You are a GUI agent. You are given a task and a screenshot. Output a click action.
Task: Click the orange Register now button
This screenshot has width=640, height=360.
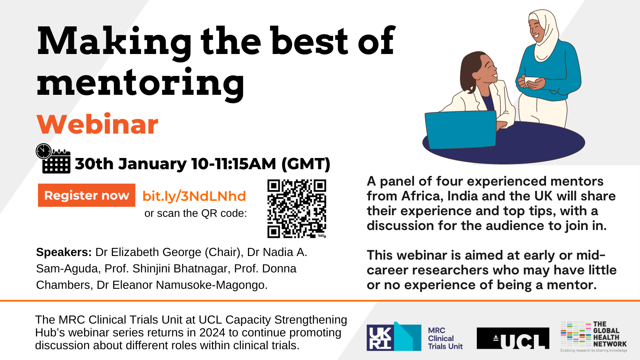[x=86, y=195]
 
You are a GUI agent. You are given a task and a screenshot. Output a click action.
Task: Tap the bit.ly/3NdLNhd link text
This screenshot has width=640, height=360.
[x=194, y=196]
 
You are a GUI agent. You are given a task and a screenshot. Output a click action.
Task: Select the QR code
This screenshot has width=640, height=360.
[x=297, y=208]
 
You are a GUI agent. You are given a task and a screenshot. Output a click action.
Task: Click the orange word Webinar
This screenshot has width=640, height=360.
[x=98, y=124]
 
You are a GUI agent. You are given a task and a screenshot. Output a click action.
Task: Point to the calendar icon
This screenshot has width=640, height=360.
[x=56, y=162]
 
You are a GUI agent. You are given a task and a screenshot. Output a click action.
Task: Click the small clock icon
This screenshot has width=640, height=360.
[x=44, y=151]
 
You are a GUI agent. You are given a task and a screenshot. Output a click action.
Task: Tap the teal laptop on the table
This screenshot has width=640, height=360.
[x=460, y=130]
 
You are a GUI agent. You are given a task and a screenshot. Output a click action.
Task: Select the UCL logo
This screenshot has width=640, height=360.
[x=513, y=338]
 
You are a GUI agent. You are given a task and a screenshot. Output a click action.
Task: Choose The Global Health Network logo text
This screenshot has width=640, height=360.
[x=610, y=334]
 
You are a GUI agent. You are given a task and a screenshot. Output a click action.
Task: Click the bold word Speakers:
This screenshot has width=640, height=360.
[x=64, y=252]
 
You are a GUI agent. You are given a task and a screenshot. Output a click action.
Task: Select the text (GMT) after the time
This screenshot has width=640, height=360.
[x=306, y=164]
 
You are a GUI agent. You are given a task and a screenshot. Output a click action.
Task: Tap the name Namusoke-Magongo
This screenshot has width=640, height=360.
[x=211, y=285]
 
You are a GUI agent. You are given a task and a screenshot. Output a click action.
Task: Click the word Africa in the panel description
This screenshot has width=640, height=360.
[x=422, y=196]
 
